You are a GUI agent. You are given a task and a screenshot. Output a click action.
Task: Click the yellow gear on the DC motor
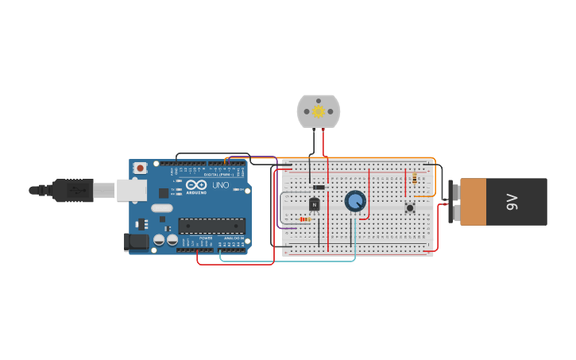click(319, 111)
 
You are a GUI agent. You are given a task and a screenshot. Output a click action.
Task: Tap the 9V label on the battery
click(512, 202)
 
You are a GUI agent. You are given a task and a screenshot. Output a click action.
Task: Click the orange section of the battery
click(473, 202)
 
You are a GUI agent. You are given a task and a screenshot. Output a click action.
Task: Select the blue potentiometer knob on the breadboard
click(355, 201)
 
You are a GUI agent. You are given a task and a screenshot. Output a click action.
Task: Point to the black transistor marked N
click(315, 204)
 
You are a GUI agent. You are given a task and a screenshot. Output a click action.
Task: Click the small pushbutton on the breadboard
click(410, 208)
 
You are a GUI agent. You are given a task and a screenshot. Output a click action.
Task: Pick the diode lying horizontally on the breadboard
click(319, 188)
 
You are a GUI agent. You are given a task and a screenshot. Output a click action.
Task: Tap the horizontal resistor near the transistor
click(305, 219)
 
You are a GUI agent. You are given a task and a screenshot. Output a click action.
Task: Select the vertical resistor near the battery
click(415, 179)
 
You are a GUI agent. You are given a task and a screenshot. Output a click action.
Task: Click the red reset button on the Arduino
click(140, 168)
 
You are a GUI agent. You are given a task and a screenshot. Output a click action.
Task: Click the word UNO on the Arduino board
click(220, 185)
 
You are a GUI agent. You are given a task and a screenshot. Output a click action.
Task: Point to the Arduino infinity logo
click(197, 185)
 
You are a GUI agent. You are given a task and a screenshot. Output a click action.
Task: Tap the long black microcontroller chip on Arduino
click(211, 226)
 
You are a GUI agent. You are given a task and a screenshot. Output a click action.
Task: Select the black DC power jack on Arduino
click(135, 242)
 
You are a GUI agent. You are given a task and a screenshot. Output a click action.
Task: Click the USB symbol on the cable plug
click(77, 191)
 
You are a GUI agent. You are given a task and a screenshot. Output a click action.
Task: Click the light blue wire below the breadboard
click(286, 261)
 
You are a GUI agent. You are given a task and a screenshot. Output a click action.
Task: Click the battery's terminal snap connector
click(453, 202)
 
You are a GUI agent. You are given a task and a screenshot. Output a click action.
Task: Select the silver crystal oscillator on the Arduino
click(162, 208)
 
